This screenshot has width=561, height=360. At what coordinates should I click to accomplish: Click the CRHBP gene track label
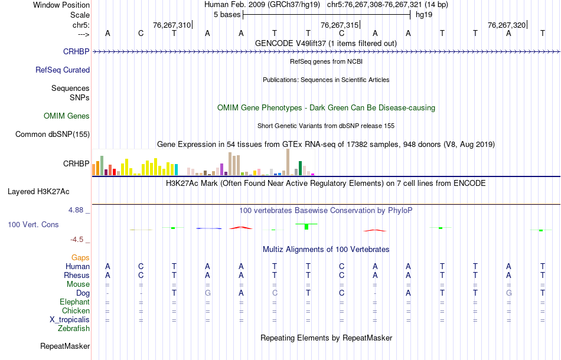pyautogui.click(x=76, y=51)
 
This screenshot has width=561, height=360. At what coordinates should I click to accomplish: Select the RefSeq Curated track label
pyautogui.click(x=63, y=70)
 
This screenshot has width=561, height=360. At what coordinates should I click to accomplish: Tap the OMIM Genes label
pyautogui.click(x=67, y=116)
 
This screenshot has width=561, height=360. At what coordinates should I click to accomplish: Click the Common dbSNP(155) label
pyautogui.click(x=53, y=134)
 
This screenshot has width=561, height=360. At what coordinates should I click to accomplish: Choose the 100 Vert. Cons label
pyautogui.click(x=33, y=225)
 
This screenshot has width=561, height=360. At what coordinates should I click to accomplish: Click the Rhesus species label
pyautogui.click(x=77, y=276)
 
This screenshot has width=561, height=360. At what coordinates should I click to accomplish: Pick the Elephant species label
pyautogui.click(x=74, y=302)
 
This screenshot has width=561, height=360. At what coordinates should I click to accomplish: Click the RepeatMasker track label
pyautogui.click(x=65, y=346)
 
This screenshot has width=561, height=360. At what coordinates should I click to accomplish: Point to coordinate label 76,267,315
pyautogui.click(x=339, y=25)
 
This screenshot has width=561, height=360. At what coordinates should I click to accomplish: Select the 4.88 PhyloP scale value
pyautogui.click(x=78, y=210)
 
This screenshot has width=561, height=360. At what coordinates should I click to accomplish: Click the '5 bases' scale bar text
pyautogui.click(x=227, y=14)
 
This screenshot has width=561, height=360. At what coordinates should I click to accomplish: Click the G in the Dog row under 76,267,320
pyautogui.click(x=509, y=293)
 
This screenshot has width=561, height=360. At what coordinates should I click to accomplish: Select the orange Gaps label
pyautogui.click(x=80, y=258)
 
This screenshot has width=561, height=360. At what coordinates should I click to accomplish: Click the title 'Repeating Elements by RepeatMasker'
pyautogui.click(x=327, y=338)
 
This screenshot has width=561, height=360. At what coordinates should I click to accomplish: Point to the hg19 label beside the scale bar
pyautogui.click(x=424, y=14)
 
